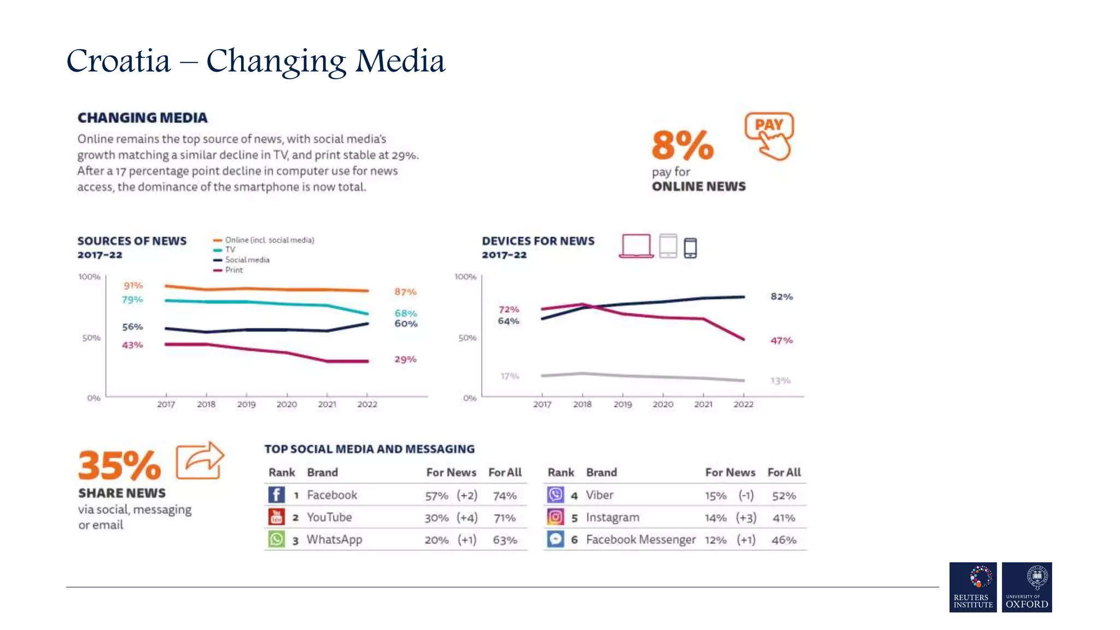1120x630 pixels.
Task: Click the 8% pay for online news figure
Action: [682, 145]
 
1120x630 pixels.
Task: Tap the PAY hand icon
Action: [769, 136]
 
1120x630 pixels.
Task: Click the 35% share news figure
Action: [119, 465]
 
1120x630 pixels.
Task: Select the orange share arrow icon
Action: [200, 460]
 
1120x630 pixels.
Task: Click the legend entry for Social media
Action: [247, 260]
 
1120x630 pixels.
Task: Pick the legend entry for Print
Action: [234, 270]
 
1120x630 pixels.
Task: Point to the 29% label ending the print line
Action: [405, 359]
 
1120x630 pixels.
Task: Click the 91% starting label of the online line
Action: [133, 285]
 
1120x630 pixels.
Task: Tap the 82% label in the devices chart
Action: [781, 296]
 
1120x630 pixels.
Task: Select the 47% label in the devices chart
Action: [781, 340]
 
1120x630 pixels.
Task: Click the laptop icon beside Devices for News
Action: [636, 246]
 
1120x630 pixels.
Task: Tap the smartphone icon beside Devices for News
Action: [690, 248]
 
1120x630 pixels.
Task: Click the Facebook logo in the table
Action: [276, 495]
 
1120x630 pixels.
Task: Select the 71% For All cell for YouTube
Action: [504, 518]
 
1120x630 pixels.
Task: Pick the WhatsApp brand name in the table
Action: [334, 540]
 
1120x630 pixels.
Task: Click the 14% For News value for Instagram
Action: [715, 518]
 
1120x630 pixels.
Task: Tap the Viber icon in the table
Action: [555, 495]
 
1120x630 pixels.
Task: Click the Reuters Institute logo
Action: [973, 587]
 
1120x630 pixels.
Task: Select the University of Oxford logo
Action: [1026, 587]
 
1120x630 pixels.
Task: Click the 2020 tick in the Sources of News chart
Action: [287, 404]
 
